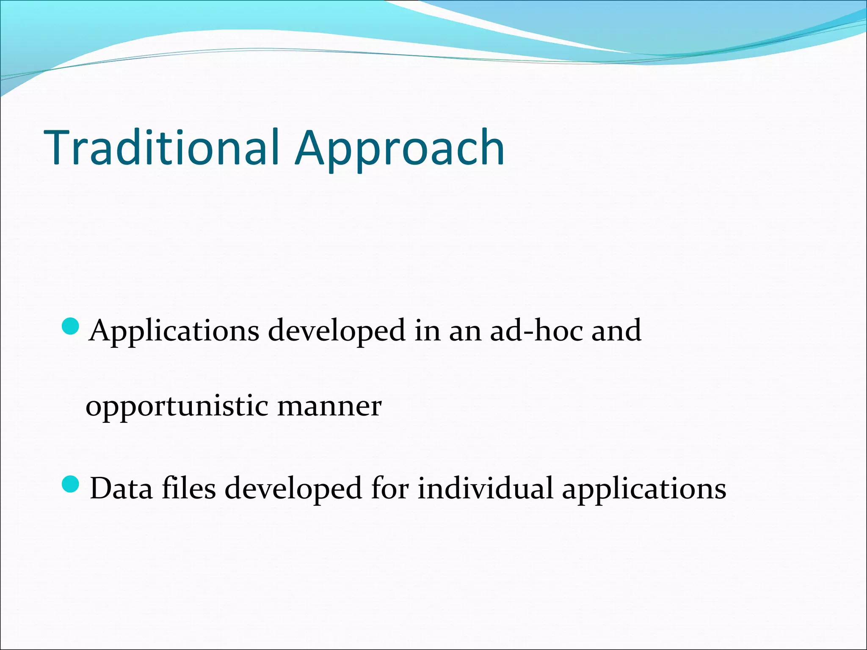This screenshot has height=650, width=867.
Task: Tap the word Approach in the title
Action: coord(400,149)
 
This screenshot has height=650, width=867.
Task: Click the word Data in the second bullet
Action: coord(121,488)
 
